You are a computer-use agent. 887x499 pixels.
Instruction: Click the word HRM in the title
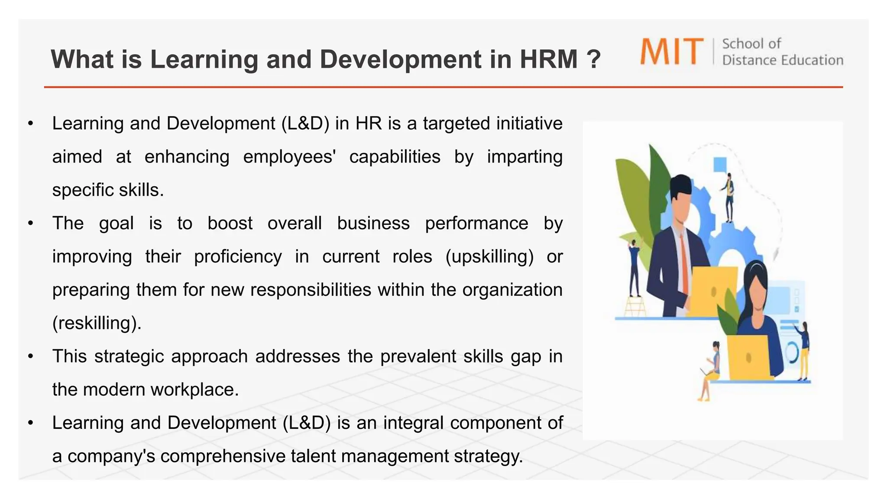[548, 59]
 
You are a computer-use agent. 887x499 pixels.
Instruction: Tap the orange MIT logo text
[671, 52]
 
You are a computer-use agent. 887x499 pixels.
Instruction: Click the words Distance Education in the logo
[782, 60]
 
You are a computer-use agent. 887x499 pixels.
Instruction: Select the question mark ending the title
[594, 59]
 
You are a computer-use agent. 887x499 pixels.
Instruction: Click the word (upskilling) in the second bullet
[489, 256]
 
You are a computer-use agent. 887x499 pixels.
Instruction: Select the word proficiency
[238, 256]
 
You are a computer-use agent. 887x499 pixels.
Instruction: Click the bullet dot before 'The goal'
[30, 224]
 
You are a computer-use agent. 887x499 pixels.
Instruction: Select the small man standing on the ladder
[634, 269]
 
